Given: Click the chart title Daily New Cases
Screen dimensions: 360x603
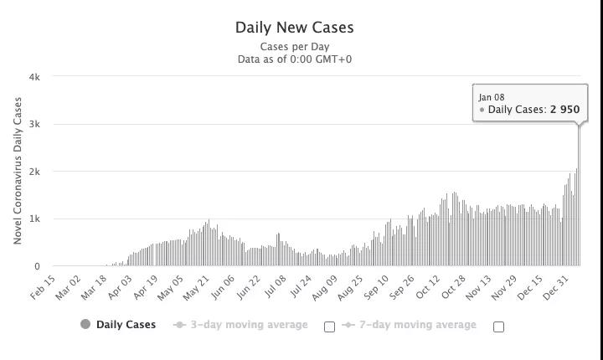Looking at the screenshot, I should [x=294, y=28].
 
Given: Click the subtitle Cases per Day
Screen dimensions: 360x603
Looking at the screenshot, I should [x=294, y=47].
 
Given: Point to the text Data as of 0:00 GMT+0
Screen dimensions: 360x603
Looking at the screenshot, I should [x=294, y=59].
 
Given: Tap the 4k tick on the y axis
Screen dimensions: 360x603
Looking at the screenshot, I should [x=34, y=77].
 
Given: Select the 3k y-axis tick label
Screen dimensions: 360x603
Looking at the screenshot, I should [x=34, y=124].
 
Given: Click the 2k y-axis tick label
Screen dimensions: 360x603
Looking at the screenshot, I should [x=34, y=172].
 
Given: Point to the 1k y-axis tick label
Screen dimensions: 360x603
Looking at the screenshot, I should [x=34, y=219].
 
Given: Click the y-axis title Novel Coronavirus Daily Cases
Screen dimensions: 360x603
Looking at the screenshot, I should [x=18, y=171].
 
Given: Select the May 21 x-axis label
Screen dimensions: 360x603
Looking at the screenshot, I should [x=196, y=286].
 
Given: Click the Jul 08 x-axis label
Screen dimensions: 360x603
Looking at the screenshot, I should [x=273, y=286].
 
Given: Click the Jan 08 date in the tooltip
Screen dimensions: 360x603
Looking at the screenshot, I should [x=492, y=97].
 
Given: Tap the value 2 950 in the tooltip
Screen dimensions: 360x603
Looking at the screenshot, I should [x=564, y=110].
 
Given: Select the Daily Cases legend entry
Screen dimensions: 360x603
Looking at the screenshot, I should [x=126, y=325].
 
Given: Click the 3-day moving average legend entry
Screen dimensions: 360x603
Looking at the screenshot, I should [x=249, y=325].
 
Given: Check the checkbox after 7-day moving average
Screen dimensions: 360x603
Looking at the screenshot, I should [x=498, y=327].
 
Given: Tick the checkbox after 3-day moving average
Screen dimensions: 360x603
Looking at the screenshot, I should [x=329, y=327].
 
